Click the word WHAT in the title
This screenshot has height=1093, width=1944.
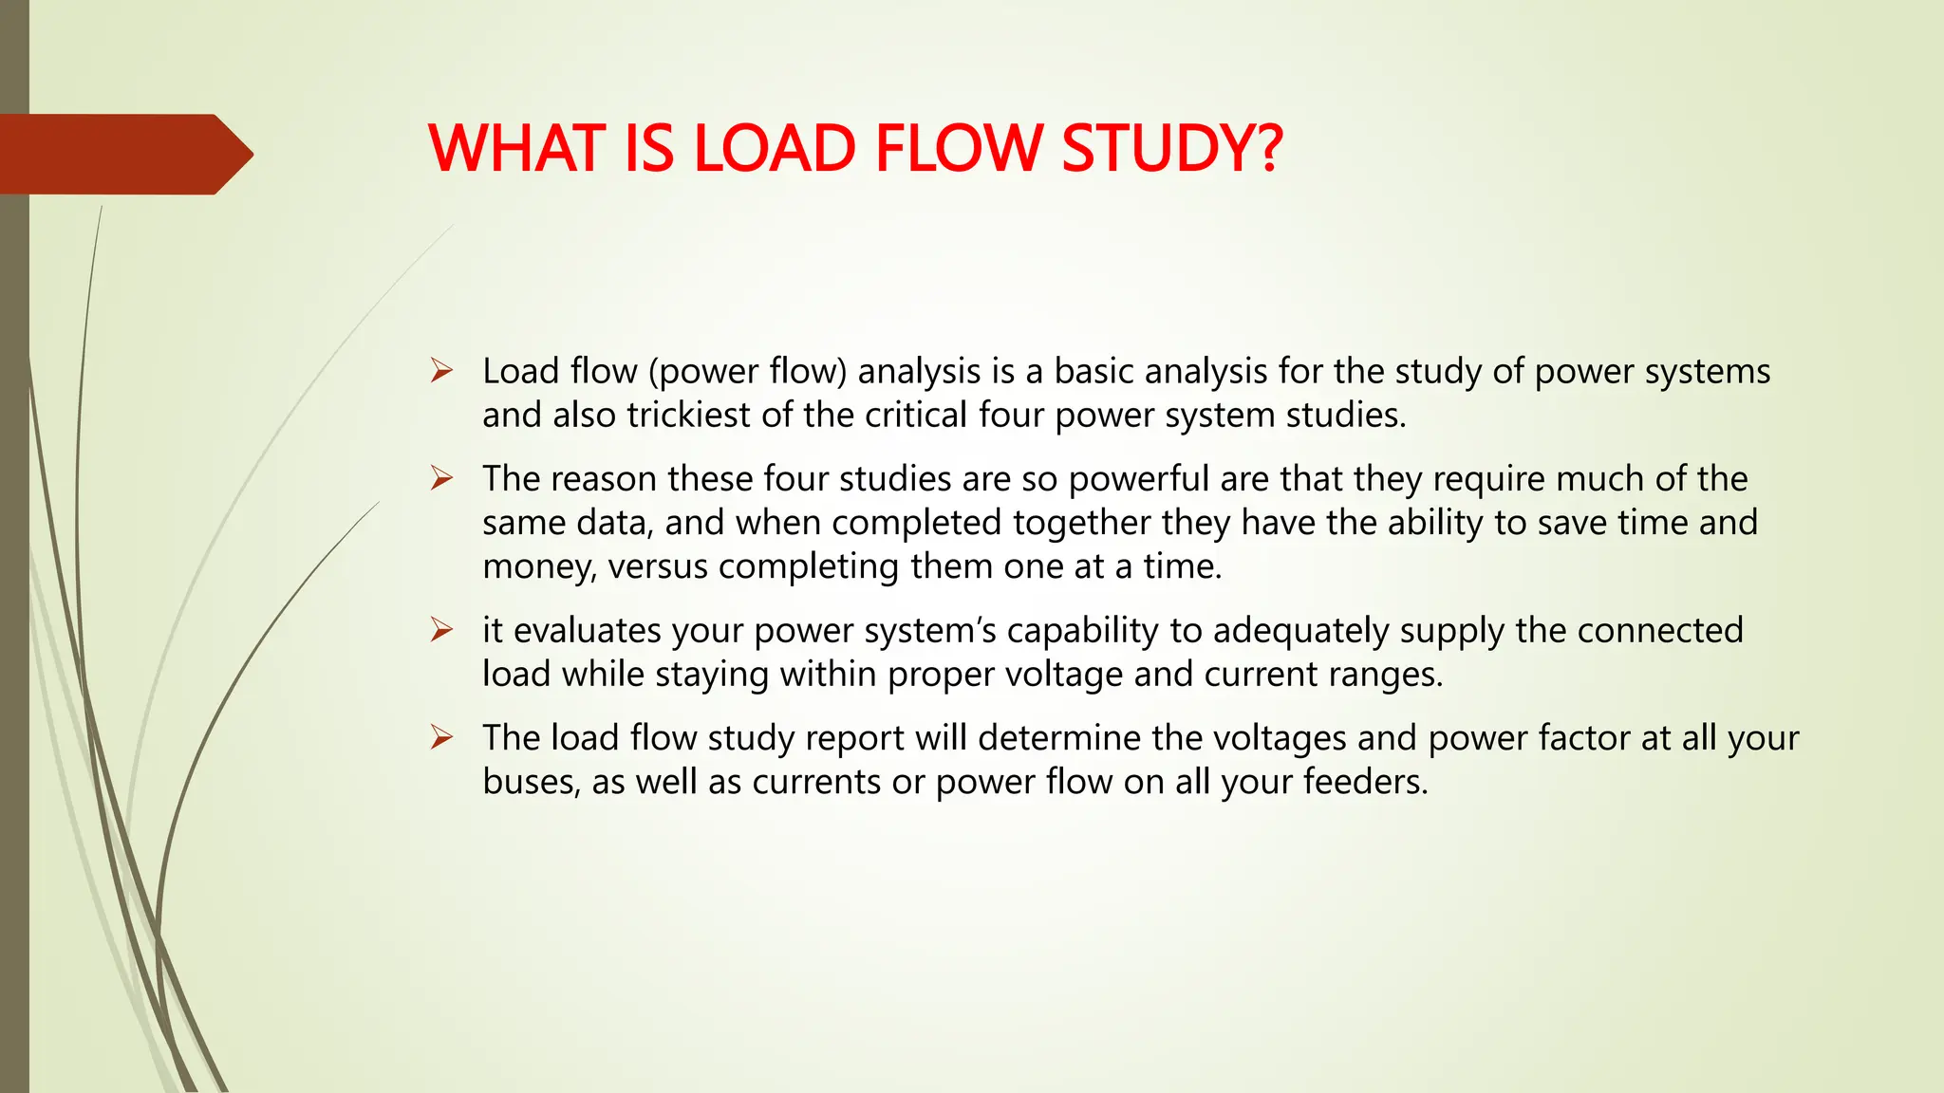pos(516,149)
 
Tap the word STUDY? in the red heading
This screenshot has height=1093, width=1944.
pos(1172,149)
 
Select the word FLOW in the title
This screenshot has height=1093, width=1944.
pos(958,149)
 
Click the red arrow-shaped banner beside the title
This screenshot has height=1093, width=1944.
pos(123,154)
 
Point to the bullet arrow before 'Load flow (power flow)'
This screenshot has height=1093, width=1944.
pos(441,370)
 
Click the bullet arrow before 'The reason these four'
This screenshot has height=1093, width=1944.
pos(441,477)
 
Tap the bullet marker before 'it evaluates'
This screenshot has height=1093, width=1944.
pos(441,629)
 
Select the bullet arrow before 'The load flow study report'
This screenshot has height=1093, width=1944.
pos(441,736)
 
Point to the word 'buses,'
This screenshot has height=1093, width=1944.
pos(532,782)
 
